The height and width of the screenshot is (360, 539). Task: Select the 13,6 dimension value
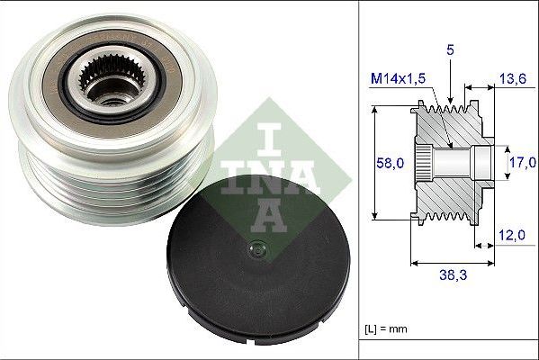512,80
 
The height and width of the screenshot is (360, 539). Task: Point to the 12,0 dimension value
511,235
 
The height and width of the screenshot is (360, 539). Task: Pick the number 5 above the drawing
448,51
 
